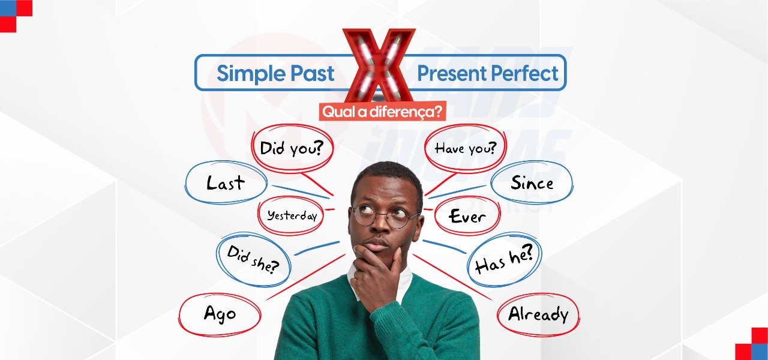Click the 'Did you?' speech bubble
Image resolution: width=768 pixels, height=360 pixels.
(x=288, y=148)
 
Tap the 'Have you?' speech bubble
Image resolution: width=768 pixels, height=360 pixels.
(x=466, y=148)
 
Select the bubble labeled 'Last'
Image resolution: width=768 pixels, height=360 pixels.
(x=225, y=183)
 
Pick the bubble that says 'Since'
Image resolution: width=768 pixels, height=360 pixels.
(x=532, y=182)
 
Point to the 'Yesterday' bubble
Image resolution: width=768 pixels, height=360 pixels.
(x=292, y=215)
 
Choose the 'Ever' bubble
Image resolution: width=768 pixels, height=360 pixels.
(x=467, y=217)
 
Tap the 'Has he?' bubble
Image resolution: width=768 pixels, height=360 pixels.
(x=504, y=260)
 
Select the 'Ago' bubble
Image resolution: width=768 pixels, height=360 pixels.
(x=220, y=314)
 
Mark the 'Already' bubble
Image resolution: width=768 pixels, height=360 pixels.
(x=538, y=314)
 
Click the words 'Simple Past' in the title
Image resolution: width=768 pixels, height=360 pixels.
(x=275, y=73)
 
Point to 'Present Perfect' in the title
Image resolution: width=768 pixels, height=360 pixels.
(x=487, y=73)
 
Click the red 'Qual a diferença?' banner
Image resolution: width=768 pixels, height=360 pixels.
(x=382, y=111)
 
